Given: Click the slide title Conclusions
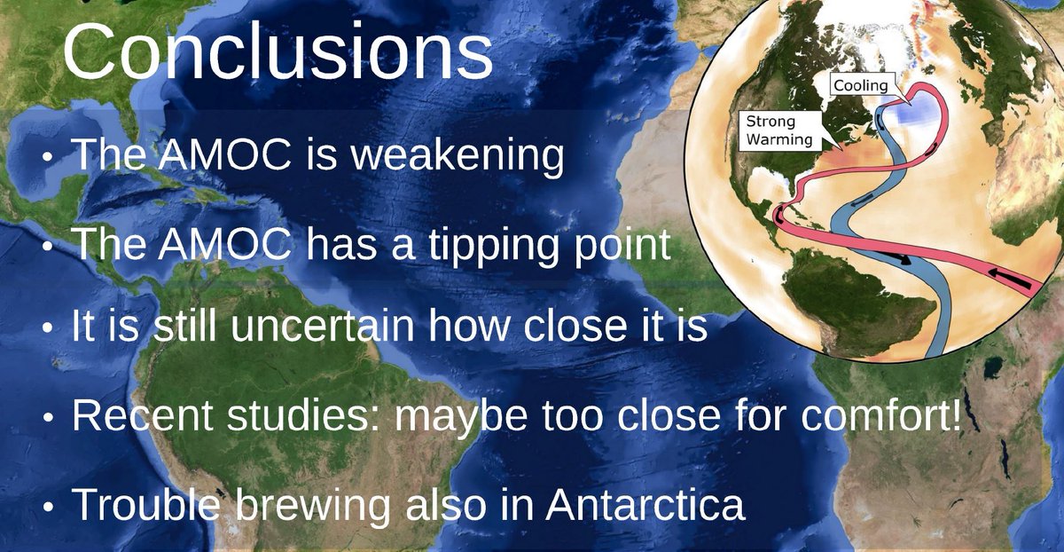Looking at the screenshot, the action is (x=278, y=51).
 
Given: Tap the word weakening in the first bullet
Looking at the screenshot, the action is (x=458, y=154).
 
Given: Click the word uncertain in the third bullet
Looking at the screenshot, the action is (x=323, y=325).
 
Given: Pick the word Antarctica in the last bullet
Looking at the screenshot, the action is (x=645, y=504).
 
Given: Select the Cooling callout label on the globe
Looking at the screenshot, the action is (x=861, y=85).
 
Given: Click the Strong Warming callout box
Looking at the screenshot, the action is (x=780, y=130).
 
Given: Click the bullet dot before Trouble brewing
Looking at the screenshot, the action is (x=48, y=507).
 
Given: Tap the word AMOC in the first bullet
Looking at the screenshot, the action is (x=224, y=154).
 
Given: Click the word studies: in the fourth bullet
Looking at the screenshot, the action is (x=304, y=414).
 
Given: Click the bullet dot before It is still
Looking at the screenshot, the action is (x=48, y=327).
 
